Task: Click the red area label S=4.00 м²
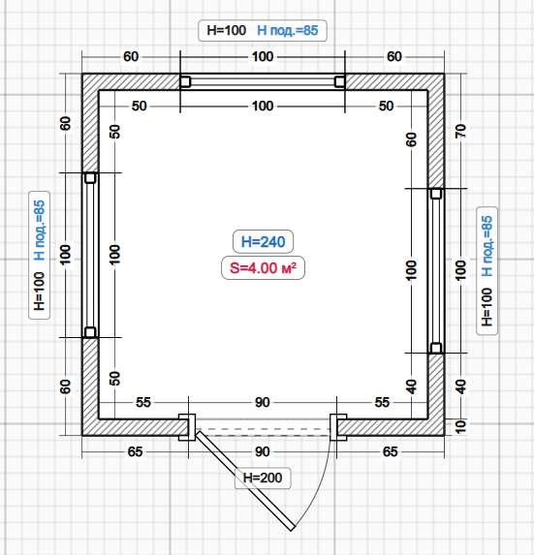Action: click(263, 268)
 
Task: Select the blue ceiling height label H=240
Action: click(263, 242)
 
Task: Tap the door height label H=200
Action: click(263, 478)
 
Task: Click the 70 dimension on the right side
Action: click(460, 132)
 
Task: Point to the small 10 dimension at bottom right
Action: click(460, 427)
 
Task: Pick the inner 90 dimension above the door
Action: click(263, 402)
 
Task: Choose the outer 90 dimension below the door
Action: click(263, 452)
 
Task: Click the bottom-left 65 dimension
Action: click(135, 452)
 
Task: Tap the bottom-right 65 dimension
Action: click(390, 452)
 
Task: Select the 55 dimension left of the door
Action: click(143, 402)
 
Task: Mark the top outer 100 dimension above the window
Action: click(263, 56)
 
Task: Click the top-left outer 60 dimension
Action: click(131, 56)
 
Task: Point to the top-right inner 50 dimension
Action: click(386, 106)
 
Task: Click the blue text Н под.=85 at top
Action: click(288, 30)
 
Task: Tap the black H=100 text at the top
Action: click(226, 30)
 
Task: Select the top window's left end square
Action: click(185, 81)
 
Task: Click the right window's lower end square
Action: click(436, 348)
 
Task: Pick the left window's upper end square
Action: click(90, 177)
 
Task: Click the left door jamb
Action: click(187, 427)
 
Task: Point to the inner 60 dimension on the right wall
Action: click(411, 139)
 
